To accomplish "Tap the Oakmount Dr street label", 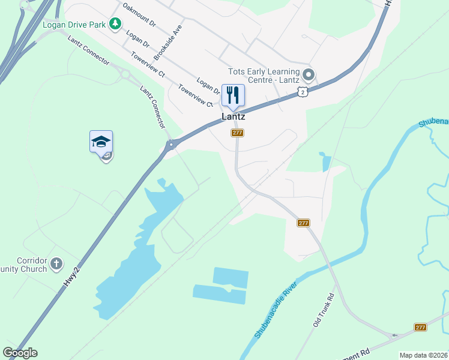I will (x=139, y=16).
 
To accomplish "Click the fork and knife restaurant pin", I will (x=233, y=95).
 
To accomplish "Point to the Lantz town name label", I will (x=233, y=117).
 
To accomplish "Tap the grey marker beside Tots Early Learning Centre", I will (x=309, y=75).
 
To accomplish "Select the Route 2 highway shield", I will (x=304, y=91).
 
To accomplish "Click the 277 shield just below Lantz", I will (x=237, y=133).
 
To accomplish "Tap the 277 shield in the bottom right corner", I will (x=420, y=327).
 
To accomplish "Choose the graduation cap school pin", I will (x=101, y=142).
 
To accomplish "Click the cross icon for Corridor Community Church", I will (x=56, y=263).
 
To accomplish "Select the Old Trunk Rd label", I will (x=322, y=310).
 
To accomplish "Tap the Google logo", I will (x=20, y=353).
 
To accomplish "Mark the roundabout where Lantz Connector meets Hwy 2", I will (x=172, y=144).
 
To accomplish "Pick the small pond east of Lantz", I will (x=326, y=162).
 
